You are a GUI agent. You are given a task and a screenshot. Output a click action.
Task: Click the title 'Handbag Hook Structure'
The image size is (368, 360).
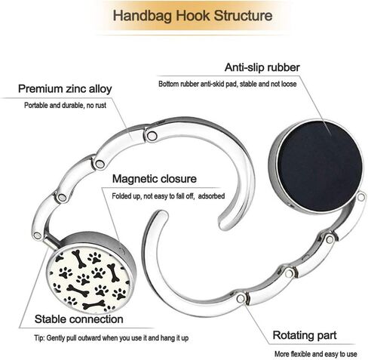[192, 16]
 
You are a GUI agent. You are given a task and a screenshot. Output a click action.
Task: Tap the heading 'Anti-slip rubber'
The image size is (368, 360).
[262, 67]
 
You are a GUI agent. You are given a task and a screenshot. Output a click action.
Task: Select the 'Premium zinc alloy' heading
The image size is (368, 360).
[65, 89]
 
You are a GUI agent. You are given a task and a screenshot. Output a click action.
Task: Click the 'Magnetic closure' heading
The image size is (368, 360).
[155, 179]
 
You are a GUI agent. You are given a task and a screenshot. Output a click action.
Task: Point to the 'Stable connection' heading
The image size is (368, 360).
[79, 319]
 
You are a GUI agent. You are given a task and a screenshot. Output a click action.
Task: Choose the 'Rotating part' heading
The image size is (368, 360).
[305, 335]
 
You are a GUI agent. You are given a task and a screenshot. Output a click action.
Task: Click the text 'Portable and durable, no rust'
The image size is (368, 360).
[65, 105]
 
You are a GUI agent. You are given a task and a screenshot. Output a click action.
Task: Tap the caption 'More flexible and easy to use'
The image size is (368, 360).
[316, 354]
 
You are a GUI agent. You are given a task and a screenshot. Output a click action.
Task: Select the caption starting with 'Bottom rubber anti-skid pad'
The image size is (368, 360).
[228, 84]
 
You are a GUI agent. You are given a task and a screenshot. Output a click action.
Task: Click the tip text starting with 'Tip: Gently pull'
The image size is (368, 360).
[112, 338]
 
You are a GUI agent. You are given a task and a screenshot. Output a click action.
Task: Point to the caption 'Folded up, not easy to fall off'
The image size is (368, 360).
[153, 196]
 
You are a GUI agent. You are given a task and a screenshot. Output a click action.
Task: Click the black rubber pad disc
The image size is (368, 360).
[320, 166]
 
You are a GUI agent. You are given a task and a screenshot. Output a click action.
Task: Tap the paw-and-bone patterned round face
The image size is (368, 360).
[90, 279]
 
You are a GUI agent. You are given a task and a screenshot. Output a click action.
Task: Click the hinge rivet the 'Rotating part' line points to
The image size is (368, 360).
[241, 299]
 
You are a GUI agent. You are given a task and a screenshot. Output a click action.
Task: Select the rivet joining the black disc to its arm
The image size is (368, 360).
[361, 197]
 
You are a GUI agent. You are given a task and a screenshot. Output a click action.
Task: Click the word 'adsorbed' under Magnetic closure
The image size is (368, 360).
[211, 196]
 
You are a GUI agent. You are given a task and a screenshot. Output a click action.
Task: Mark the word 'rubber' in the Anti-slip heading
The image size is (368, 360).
[284, 67]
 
